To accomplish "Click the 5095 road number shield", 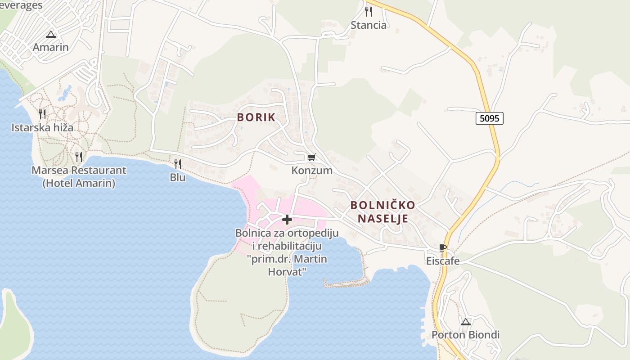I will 489,118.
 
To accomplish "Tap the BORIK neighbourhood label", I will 256,117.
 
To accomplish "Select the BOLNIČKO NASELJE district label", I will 382,212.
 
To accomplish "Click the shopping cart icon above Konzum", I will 311,157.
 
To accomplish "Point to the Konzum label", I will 312,171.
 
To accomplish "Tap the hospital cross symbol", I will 287,220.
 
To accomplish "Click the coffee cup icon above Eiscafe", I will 443,247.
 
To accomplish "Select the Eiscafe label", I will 443,261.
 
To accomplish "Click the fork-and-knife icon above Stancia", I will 369,11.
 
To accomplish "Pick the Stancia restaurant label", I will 369,25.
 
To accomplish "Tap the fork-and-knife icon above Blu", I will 178,164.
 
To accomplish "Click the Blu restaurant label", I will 178,177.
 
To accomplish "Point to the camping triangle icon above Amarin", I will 51,34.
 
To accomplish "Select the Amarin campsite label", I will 51,47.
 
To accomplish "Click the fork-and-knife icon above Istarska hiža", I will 42,114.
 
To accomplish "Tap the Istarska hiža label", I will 42,127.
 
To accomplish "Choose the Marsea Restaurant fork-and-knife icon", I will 79,157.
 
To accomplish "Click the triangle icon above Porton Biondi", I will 466,322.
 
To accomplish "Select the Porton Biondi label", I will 466,335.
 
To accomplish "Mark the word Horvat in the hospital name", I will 287,272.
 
